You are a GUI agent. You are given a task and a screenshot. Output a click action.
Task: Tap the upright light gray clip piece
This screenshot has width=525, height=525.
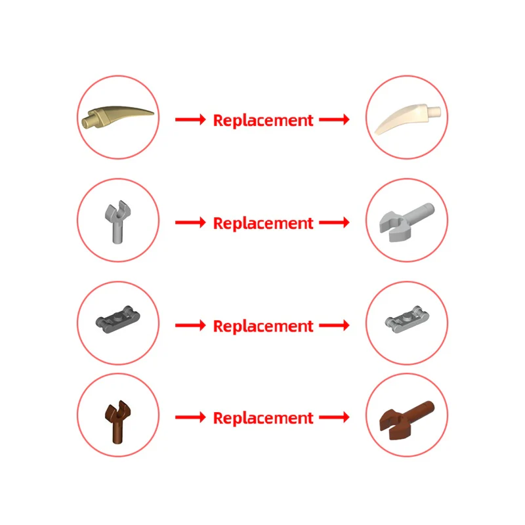click(117, 222)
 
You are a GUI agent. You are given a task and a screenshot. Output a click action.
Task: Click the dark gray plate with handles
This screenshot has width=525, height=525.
click(117, 320)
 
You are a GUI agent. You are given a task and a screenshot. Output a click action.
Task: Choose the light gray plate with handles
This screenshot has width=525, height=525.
click(406, 319)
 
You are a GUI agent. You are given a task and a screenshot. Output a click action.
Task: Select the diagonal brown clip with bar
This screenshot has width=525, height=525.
click(406, 420)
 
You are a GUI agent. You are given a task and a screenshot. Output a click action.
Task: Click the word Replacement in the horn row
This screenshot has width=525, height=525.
click(263, 120)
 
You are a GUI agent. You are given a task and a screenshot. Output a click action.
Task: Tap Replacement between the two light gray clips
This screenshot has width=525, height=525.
click(263, 223)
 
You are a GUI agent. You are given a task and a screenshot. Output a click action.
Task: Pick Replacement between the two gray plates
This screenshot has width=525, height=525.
click(263, 325)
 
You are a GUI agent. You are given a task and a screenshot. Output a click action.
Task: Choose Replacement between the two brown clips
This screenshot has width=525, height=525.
click(263, 418)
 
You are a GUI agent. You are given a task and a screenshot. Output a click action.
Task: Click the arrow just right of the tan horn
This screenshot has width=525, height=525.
click(190, 119)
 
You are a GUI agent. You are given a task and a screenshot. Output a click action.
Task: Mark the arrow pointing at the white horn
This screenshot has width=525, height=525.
click(334, 119)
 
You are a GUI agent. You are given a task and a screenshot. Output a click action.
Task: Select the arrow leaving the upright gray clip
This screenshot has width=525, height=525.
click(190, 222)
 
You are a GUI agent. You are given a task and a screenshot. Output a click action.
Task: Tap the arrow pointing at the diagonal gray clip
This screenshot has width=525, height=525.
click(334, 222)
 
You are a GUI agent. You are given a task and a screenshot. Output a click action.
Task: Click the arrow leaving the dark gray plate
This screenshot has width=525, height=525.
click(190, 325)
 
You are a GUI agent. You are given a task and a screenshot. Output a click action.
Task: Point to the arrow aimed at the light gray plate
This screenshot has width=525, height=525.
click(334, 325)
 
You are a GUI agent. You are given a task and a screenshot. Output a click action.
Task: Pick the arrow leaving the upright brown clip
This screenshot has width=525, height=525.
click(190, 417)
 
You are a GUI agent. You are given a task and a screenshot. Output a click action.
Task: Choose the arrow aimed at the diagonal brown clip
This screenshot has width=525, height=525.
click(334, 417)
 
